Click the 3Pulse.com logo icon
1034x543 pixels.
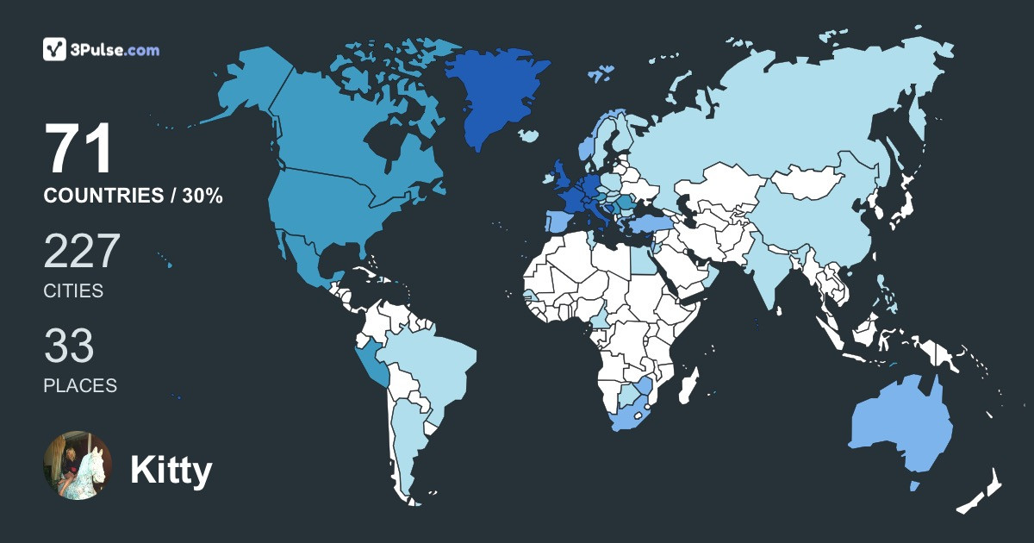point(55,49)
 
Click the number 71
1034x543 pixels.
point(79,150)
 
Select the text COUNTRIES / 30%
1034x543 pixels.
point(134,197)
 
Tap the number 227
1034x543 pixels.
point(82,252)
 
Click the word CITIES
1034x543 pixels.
point(73,291)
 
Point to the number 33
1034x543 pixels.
point(69,346)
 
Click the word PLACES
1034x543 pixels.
point(80,385)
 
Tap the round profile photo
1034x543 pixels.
point(78,465)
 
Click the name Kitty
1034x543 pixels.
point(171,471)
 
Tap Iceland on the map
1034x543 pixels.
point(529,135)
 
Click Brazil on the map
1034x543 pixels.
point(431,362)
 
